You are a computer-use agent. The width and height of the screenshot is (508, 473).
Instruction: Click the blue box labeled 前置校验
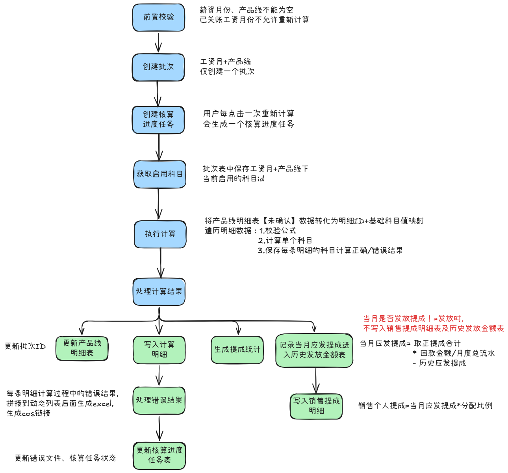point(159,17)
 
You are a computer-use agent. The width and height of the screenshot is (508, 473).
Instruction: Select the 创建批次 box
point(158,67)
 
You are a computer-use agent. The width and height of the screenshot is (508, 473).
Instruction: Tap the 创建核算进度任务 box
point(158,119)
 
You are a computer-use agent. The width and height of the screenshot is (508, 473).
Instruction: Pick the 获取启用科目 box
point(159,174)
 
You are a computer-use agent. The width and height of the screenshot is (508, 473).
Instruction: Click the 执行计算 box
point(160,234)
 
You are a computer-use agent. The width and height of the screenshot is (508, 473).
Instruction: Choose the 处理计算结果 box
point(159,292)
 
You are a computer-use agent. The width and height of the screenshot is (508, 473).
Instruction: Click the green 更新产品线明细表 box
point(82,348)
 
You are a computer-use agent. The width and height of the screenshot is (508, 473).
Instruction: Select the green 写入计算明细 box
point(159,350)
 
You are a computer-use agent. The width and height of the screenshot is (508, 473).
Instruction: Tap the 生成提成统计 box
point(237,350)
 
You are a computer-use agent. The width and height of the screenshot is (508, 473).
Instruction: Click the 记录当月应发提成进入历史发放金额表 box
point(314,350)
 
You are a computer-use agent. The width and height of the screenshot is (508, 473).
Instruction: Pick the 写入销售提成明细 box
point(316,406)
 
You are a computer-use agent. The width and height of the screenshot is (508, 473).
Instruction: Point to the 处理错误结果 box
point(159,400)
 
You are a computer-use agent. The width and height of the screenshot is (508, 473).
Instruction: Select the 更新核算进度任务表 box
point(159,455)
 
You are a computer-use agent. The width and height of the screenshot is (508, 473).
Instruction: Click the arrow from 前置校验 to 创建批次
point(158,42)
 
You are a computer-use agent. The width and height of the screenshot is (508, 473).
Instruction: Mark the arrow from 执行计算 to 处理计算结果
point(160,263)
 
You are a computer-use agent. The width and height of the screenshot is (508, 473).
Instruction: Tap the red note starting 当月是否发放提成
point(433,324)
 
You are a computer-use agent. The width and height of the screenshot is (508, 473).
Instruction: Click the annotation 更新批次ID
point(25,346)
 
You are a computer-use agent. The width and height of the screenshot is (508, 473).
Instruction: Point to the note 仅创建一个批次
point(227,72)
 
